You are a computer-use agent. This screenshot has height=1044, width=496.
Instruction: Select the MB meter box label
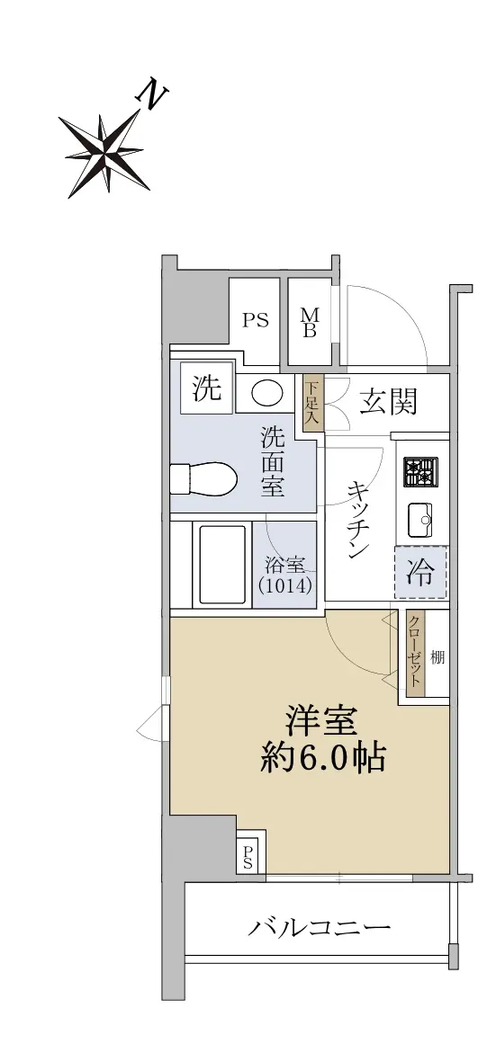310,322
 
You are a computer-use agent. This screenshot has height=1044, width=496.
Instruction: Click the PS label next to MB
255,321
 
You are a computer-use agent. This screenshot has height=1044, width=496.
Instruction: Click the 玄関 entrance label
389,401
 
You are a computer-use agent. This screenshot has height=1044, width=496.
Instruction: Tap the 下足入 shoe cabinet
312,403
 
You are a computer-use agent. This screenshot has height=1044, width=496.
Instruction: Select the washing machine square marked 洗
207,388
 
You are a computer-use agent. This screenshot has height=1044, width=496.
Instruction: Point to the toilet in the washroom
204,478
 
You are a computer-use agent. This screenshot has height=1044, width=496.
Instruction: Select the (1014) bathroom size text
284,586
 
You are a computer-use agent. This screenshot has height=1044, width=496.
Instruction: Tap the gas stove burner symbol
420,472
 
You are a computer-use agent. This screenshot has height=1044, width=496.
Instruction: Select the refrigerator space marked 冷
420,572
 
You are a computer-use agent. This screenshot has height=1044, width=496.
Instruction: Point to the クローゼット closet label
415,653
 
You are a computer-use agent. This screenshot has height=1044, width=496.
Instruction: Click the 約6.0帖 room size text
322,758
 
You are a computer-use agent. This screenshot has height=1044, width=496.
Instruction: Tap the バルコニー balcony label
319,927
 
